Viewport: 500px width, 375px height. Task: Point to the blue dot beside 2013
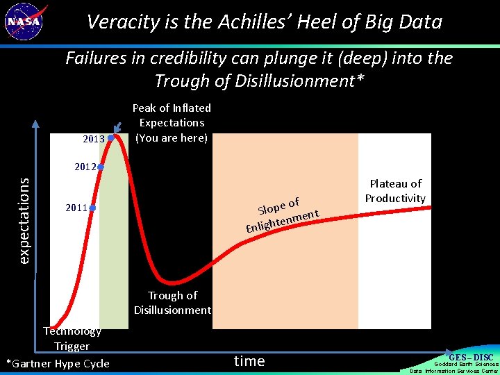tap(111, 137)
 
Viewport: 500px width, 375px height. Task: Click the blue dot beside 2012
tap(101, 167)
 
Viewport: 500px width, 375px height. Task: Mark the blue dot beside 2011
tap(92, 208)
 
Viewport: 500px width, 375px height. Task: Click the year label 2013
tap(94, 139)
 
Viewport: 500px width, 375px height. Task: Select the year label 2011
tap(76, 208)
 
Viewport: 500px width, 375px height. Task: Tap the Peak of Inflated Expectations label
tap(172, 123)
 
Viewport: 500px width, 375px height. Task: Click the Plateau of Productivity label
tap(395, 191)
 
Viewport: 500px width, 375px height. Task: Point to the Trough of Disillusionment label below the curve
tap(172, 303)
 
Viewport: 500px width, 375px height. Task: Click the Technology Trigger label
tap(72, 339)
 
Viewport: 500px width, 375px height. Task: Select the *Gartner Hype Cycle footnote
tap(58, 363)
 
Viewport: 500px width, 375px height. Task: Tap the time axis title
tap(249, 361)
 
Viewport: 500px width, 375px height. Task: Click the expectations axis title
tap(24, 220)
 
